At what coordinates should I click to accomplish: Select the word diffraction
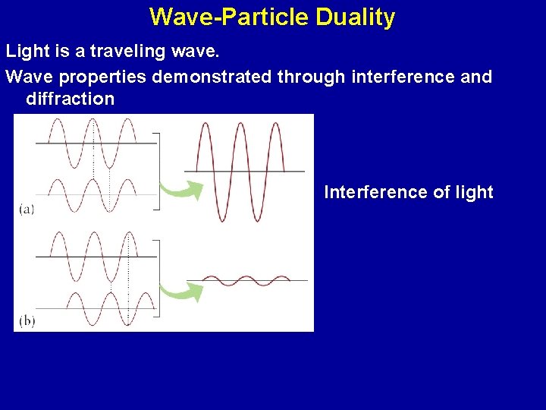point(70,99)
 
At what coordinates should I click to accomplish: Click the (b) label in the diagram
point(27,320)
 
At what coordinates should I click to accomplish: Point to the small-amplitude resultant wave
point(246,280)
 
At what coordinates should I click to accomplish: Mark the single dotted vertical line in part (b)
point(129,281)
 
